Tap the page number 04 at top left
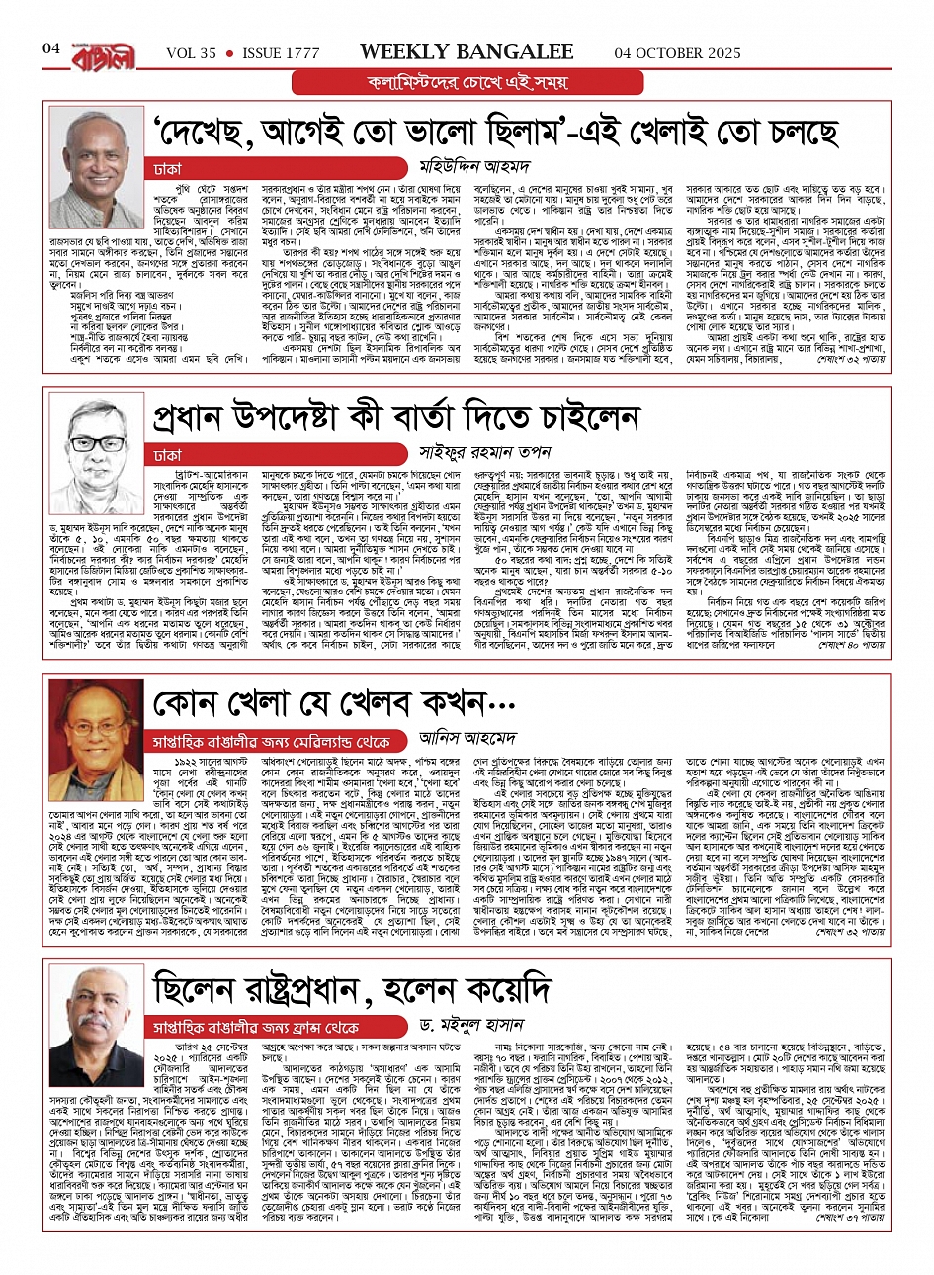pyautogui.click(x=51, y=48)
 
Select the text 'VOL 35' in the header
pyautogui.click(x=191, y=53)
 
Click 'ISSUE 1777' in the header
pyautogui.click(x=280, y=53)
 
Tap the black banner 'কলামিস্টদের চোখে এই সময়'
pyautogui.click(x=467, y=81)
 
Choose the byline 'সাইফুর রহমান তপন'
pyautogui.click(x=481, y=453)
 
